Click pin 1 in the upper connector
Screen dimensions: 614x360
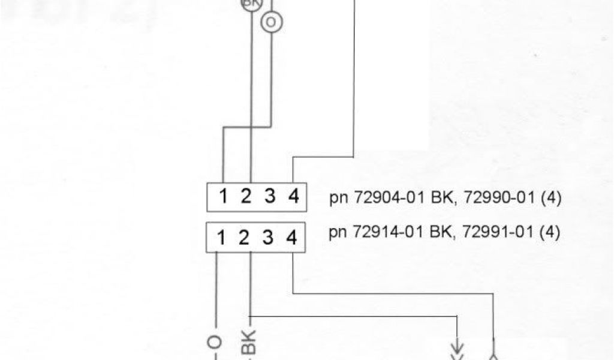click(x=222, y=197)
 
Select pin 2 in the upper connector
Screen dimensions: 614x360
click(x=246, y=197)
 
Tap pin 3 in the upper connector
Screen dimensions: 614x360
click(x=270, y=197)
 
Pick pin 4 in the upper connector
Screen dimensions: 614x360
click(x=293, y=197)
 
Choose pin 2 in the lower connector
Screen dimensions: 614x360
click(x=243, y=238)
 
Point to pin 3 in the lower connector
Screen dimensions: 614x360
click(x=267, y=238)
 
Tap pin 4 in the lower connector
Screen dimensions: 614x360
click(x=291, y=238)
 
